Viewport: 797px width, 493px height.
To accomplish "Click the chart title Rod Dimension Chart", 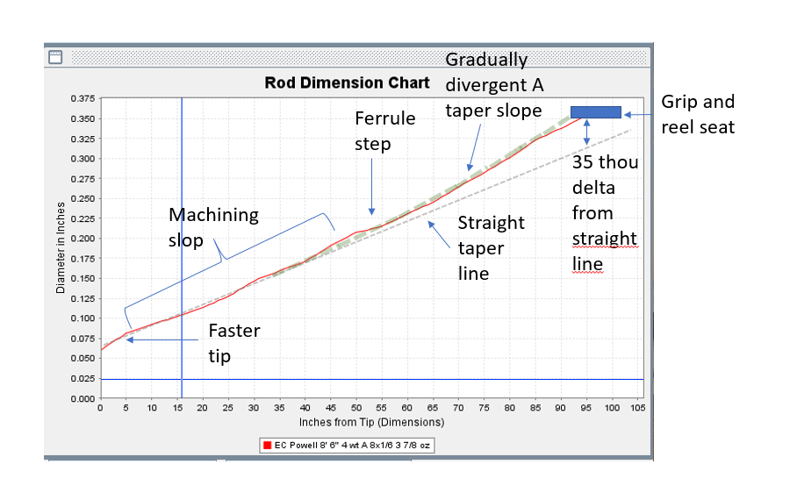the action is click(348, 82).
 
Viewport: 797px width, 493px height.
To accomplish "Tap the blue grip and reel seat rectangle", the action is click(596, 112).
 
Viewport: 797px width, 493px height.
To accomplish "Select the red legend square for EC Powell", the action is click(267, 446).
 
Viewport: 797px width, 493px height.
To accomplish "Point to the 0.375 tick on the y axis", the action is click(83, 98).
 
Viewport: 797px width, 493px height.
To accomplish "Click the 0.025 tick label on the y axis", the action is click(83, 378).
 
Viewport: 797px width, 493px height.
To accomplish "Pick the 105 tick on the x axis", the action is click(638, 408).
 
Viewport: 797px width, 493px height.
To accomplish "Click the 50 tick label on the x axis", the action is click(356, 408).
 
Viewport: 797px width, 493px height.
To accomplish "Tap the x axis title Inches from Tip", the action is click(371, 422).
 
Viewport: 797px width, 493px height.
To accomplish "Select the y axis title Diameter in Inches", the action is click(61, 247).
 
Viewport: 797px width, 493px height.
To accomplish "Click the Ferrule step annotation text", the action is click(384, 131).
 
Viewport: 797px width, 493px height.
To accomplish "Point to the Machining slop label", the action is click(213, 227).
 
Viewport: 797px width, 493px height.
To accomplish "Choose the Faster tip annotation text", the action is click(234, 343).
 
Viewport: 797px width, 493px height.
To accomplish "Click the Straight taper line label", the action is click(491, 247).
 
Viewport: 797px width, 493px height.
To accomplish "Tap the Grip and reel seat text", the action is click(698, 114).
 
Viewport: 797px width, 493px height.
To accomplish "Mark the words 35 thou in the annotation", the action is click(605, 162).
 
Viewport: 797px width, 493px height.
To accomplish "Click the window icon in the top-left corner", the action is click(55, 57).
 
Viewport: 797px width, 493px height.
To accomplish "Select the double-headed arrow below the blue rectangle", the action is click(586, 132).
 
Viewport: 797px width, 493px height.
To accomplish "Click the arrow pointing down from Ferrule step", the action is click(371, 187).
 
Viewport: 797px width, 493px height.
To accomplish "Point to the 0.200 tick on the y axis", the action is click(83, 239).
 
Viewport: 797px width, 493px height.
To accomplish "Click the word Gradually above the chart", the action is click(486, 60).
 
